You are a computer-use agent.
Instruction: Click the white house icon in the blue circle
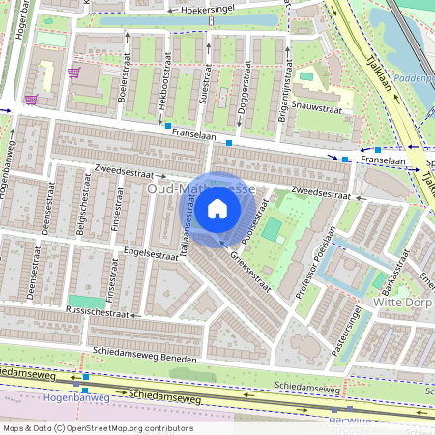coord(217,208)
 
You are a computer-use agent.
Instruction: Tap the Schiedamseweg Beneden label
coord(145,355)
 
